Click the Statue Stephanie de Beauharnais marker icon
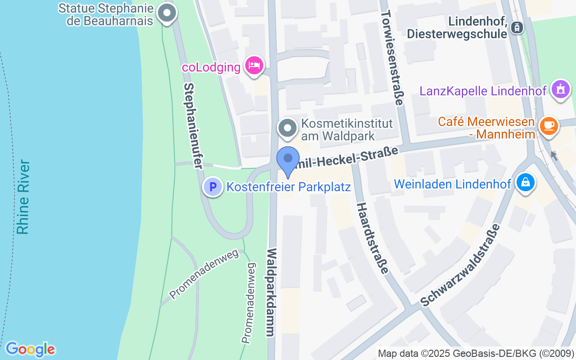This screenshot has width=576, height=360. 168,13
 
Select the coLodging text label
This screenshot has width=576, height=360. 211,67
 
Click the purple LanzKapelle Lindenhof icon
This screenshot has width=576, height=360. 560,89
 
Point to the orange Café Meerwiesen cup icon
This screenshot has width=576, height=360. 549,126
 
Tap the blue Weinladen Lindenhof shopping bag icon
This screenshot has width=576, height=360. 525,183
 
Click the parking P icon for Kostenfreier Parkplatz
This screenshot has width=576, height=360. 213,186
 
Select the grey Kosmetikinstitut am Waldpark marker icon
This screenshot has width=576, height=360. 288,128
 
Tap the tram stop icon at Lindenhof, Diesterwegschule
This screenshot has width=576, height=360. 517,27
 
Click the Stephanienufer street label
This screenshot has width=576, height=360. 193,126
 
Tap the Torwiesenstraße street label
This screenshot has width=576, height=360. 392,58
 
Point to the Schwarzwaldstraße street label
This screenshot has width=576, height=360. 461,265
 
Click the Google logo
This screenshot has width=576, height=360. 30,349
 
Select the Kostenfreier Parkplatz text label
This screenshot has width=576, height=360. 288,187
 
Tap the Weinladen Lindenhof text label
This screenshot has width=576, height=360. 453,184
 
